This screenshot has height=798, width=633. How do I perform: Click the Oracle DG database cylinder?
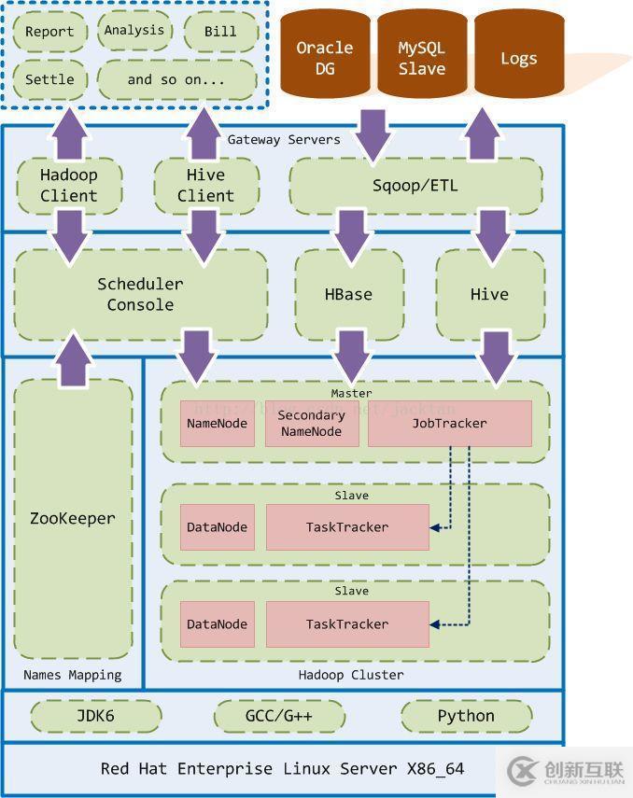click(325, 57)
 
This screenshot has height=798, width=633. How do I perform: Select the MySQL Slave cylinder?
click(421, 57)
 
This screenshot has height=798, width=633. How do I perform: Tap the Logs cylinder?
click(518, 57)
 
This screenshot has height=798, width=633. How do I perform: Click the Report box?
click(49, 32)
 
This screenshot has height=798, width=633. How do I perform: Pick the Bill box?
click(220, 32)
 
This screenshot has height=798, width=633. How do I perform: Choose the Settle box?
click(49, 79)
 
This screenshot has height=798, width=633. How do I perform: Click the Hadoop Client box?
click(68, 185)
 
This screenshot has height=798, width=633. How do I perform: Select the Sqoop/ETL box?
click(415, 185)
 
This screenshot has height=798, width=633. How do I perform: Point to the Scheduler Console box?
click(140, 294)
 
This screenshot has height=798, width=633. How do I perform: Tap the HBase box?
click(348, 294)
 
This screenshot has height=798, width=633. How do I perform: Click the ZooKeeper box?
click(73, 518)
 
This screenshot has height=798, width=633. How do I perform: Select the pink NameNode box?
click(218, 423)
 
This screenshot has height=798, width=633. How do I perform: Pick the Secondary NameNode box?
click(312, 423)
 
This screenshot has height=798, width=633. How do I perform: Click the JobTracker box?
click(450, 423)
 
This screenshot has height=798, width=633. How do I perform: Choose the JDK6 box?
click(94, 716)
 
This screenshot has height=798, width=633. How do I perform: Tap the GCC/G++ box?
click(279, 716)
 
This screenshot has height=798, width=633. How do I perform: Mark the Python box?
click(466, 716)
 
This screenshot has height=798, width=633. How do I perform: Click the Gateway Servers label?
click(284, 139)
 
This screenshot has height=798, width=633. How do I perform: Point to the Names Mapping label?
click(72, 674)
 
